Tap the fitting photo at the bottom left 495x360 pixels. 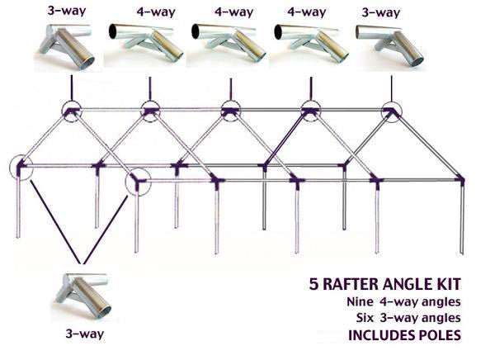tap(80, 297)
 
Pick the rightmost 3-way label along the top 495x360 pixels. tap(382, 11)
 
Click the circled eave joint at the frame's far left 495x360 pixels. tap(20, 168)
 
